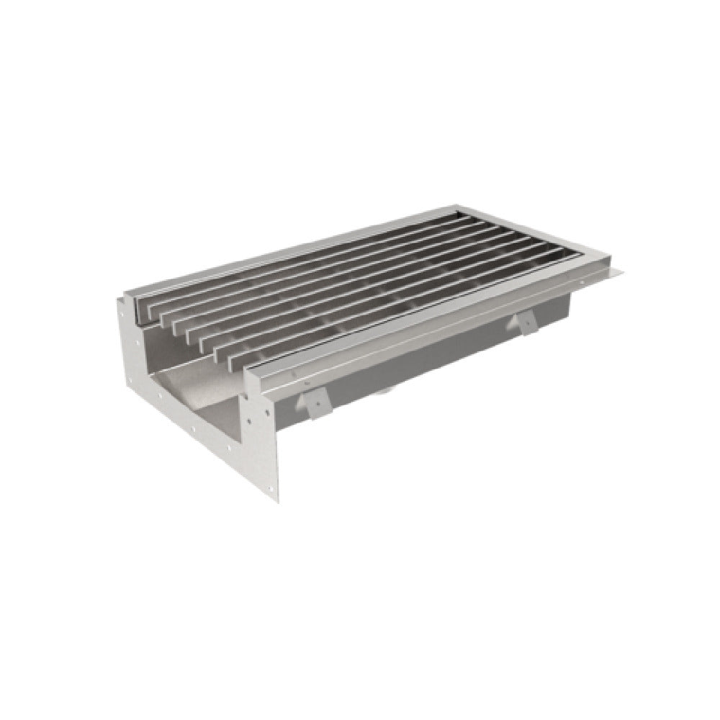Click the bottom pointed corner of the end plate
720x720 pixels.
point(274,505)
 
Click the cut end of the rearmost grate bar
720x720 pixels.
point(140,300)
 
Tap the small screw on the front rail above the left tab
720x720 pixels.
point(322,374)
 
